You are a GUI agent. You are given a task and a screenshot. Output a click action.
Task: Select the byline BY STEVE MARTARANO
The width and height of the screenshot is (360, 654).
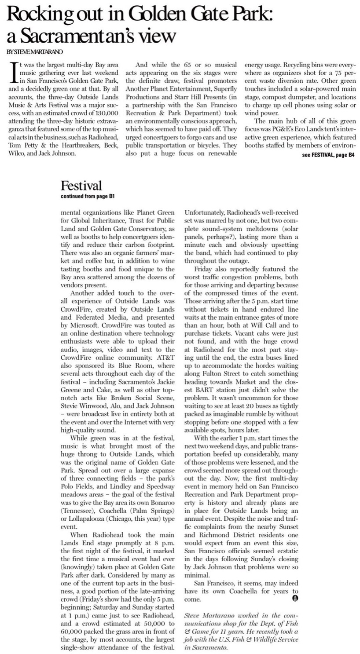[x=29, y=52]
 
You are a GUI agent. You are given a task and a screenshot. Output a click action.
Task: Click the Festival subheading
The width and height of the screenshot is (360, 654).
[x=81, y=186]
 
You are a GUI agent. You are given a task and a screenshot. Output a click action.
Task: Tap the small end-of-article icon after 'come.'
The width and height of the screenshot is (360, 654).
[x=295, y=599]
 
